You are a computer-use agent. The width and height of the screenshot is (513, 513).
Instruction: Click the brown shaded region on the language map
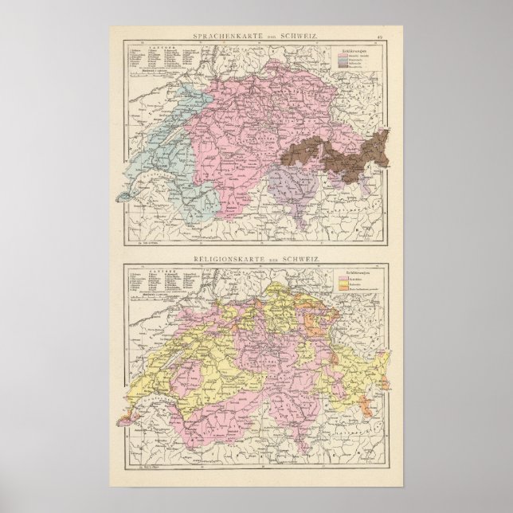350,155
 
